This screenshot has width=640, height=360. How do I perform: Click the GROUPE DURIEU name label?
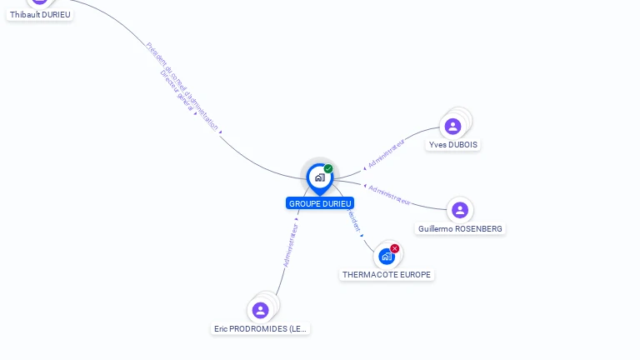pyautogui.click(x=320, y=203)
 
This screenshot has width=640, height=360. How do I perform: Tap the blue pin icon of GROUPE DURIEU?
pyautogui.click(x=319, y=177)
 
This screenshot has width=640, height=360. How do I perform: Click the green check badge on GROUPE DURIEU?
pyautogui.click(x=328, y=169)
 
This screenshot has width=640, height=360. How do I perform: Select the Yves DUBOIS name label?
pyautogui.click(x=453, y=144)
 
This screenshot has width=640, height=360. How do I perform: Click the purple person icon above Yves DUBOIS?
pyautogui.click(x=452, y=127)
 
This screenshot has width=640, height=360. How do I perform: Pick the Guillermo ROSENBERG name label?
pyautogui.click(x=461, y=228)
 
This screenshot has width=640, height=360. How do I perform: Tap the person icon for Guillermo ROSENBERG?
pyautogui.click(x=460, y=210)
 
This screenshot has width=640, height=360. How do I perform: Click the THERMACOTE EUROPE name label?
pyautogui.click(x=387, y=274)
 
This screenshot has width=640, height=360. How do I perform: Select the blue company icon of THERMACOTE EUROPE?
pyautogui.click(x=387, y=256)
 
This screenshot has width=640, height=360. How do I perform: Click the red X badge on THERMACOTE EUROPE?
pyautogui.click(x=395, y=248)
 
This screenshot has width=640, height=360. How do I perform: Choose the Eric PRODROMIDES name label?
pyautogui.click(x=261, y=328)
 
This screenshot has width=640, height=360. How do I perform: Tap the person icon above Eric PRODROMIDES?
pyautogui.click(x=261, y=310)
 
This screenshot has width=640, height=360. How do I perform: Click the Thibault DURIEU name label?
pyautogui.click(x=40, y=14)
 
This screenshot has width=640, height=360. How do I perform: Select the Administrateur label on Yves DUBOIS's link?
pyautogui.click(x=385, y=154)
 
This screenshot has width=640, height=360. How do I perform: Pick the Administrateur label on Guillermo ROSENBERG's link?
pyautogui.click(x=389, y=195)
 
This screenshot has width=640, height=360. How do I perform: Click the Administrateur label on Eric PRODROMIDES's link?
pyautogui.click(x=290, y=244)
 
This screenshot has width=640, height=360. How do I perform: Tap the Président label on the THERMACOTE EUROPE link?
pyautogui.click(x=352, y=222)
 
